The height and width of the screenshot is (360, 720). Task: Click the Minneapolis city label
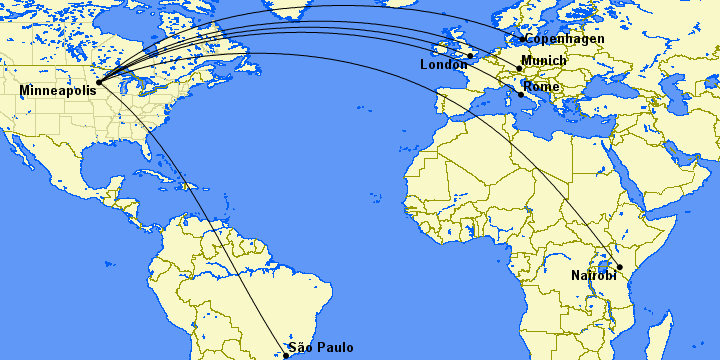58,91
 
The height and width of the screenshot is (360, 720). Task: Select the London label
444,65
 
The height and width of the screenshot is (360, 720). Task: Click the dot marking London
470,56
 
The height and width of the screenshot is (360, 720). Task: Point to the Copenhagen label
565,39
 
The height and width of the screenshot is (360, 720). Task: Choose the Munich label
544,61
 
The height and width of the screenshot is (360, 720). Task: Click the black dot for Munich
518,68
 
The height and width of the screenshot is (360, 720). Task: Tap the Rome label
541,87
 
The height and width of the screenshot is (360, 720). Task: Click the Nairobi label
594,275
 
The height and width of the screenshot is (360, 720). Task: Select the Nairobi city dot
620,267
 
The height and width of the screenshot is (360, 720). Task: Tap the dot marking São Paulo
286,355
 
